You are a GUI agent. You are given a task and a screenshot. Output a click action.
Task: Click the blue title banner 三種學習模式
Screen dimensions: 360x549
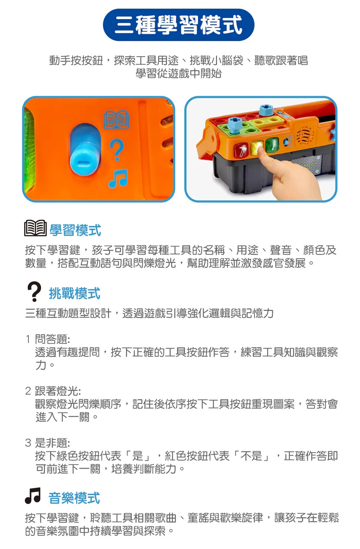tap(179, 25)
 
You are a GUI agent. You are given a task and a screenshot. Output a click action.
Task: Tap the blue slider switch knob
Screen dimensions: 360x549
tap(85, 157)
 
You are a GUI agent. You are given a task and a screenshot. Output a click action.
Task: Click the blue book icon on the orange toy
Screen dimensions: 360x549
tap(116, 120)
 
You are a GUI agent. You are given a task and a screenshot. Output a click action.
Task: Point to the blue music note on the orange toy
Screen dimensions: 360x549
tap(118, 178)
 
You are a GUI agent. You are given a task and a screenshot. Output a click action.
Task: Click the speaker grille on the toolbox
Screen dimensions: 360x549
tap(305, 135)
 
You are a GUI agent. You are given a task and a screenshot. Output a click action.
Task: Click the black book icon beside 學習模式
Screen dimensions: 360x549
tap(35, 228)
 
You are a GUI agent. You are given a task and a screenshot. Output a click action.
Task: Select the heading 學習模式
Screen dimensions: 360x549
tap(75, 231)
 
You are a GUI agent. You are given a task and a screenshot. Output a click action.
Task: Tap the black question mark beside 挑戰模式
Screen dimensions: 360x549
tap(34, 291)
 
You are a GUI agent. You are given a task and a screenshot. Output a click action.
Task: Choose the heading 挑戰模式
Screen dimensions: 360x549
tap(75, 293)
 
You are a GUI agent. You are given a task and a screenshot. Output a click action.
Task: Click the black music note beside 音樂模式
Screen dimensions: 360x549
tap(33, 496)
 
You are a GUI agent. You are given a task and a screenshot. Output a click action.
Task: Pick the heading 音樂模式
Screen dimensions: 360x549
tap(74, 498)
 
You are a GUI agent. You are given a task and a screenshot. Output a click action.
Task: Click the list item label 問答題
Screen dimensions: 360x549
tap(53, 339)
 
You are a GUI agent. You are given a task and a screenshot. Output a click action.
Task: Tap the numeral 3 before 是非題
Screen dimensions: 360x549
tap(28, 443)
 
